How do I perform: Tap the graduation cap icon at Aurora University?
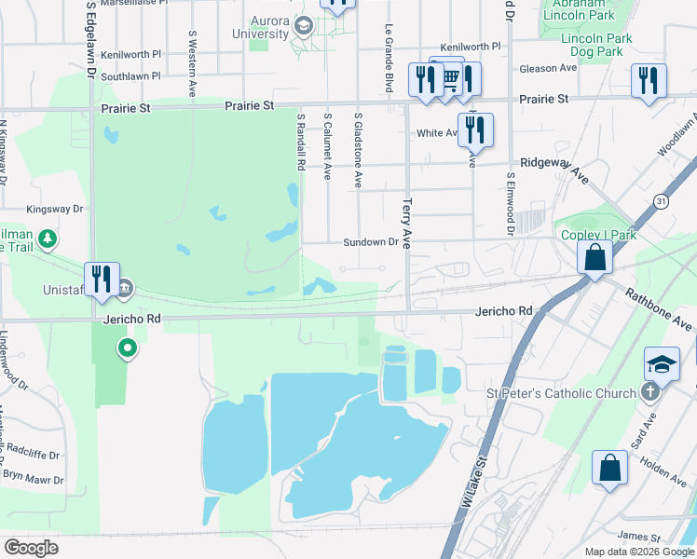[303, 26]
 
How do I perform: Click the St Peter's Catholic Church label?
[562, 393]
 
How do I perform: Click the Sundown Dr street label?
[371, 242]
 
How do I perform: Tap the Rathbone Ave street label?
[660, 309]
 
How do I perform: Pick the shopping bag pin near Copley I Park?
[594, 257]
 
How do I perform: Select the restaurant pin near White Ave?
[475, 130]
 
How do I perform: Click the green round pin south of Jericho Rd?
[128, 348]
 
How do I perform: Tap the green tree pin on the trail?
[48, 239]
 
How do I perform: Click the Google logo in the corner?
[31, 548]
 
